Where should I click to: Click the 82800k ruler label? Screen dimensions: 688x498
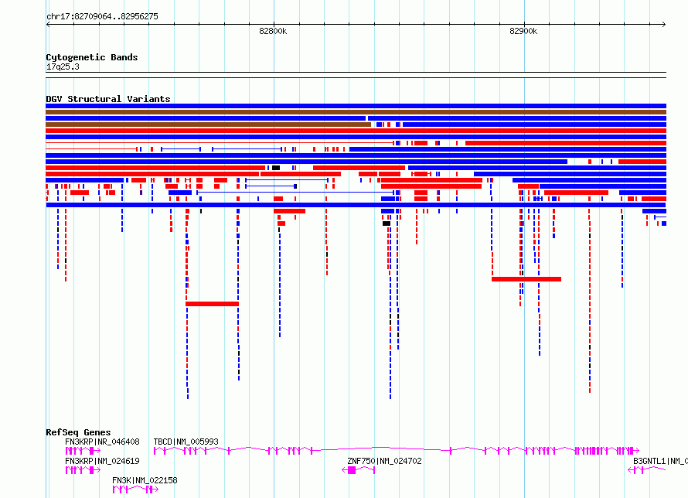click(273, 31)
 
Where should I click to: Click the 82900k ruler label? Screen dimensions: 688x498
click(523, 31)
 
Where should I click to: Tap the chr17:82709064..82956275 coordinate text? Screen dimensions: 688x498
click(102, 16)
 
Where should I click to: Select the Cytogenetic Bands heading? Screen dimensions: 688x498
click(92, 57)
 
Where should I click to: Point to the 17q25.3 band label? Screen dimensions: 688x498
click(63, 67)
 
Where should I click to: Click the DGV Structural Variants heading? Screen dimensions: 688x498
click(108, 99)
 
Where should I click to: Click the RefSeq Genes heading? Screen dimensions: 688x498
click(78, 432)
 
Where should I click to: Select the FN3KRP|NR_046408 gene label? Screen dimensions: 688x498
click(102, 442)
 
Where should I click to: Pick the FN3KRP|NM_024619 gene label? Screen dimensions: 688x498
click(102, 461)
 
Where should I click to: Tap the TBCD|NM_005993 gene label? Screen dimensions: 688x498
click(186, 442)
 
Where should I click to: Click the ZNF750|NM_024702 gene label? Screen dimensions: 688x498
click(384, 461)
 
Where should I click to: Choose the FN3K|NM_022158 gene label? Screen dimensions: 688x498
click(145, 480)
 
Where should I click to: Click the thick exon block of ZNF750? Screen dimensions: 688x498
click(352, 470)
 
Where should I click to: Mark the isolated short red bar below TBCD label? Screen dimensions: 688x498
click(212, 304)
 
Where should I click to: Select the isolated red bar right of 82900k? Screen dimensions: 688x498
click(526, 279)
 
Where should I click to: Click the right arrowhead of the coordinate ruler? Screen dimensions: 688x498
click(664, 24)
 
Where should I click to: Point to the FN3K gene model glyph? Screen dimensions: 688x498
click(135, 489)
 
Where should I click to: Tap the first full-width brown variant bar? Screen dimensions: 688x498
click(356, 112)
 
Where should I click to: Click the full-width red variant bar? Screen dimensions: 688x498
click(356, 131)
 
